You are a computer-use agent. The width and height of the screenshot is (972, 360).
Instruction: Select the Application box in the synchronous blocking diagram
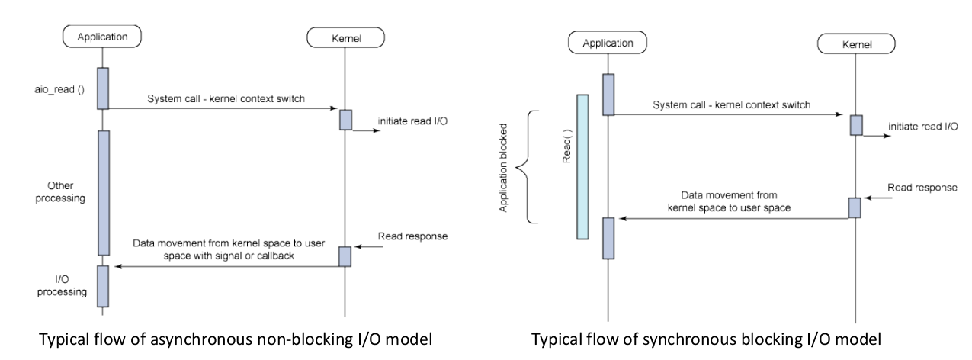608,43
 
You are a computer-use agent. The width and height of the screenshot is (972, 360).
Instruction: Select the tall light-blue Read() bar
582,166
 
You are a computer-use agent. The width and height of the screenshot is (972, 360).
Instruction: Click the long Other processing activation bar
103,192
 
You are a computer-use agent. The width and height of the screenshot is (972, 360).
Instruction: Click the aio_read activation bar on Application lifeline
103,88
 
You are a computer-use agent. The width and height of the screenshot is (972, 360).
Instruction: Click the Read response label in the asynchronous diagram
412,236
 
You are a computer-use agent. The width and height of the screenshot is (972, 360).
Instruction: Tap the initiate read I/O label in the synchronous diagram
922,127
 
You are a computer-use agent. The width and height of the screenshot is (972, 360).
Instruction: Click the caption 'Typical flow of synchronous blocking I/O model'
704,338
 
